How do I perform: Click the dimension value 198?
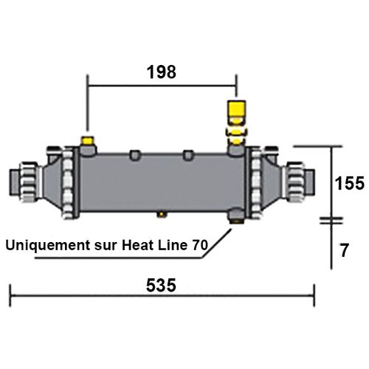pyautogui.click(x=162, y=72)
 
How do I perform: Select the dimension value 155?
pyautogui.click(x=348, y=183)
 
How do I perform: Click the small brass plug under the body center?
pyautogui.click(x=161, y=215)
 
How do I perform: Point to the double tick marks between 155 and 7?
pyautogui.click(x=329, y=220)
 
